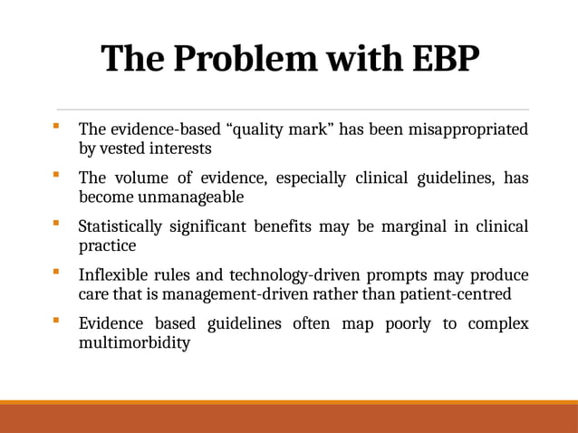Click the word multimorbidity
click(x=135, y=342)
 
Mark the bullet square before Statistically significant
click(x=57, y=223)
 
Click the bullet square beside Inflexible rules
click(x=57, y=271)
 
